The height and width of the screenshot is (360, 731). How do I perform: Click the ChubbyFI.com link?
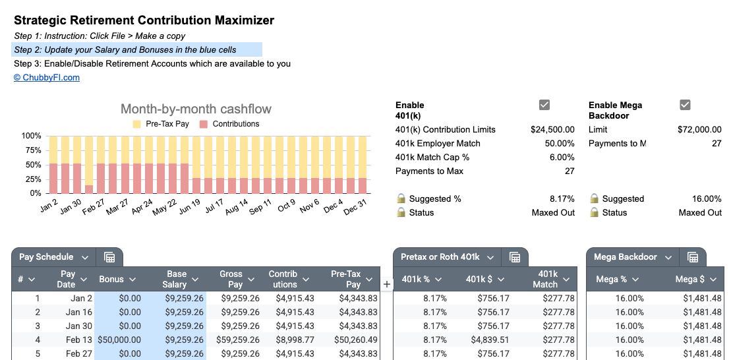click(x=47, y=78)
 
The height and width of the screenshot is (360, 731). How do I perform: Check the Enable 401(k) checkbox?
click(x=544, y=105)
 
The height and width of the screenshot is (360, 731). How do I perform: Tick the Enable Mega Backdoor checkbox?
click(x=685, y=105)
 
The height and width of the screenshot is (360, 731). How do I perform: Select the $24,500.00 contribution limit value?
click(x=552, y=130)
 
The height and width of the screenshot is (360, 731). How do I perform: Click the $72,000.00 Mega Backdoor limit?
click(x=699, y=130)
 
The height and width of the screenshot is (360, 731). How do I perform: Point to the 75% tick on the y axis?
click(x=32, y=150)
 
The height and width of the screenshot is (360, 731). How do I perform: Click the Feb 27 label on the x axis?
click(x=92, y=206)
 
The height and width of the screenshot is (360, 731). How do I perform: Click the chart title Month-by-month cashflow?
click(x=196, y=109)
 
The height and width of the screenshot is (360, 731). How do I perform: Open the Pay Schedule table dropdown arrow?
click(x=85, y=257)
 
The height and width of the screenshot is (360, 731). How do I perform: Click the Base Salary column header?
click(x=176, y=279)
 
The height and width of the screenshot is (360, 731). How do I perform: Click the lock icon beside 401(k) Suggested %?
click(x=401, y=198)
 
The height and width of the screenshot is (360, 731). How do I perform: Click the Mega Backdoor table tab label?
click(x=626, y=257)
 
